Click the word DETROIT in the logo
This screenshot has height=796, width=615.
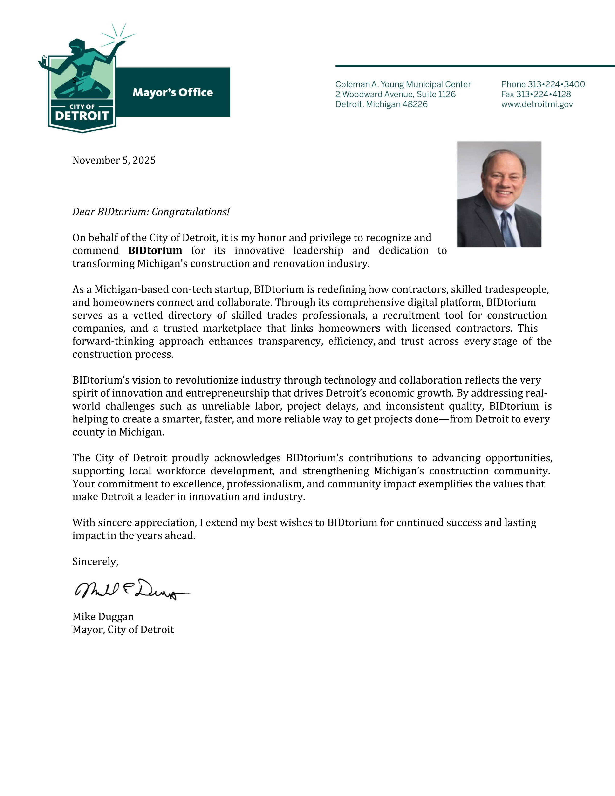pyautogui.click(x=82, y=116)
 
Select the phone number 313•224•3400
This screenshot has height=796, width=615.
pyautogui.click(x=556, y=85)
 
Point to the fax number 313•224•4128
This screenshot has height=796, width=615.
pyautogui.click(x=543, y=94)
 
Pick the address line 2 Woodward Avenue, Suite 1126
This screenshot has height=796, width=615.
pyautogui.click(x=395, y=94)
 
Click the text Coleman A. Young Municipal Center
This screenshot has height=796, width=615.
pyautogui.click(x=403, y=85)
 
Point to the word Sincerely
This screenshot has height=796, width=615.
pyautogui.click(x=95, y=562)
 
